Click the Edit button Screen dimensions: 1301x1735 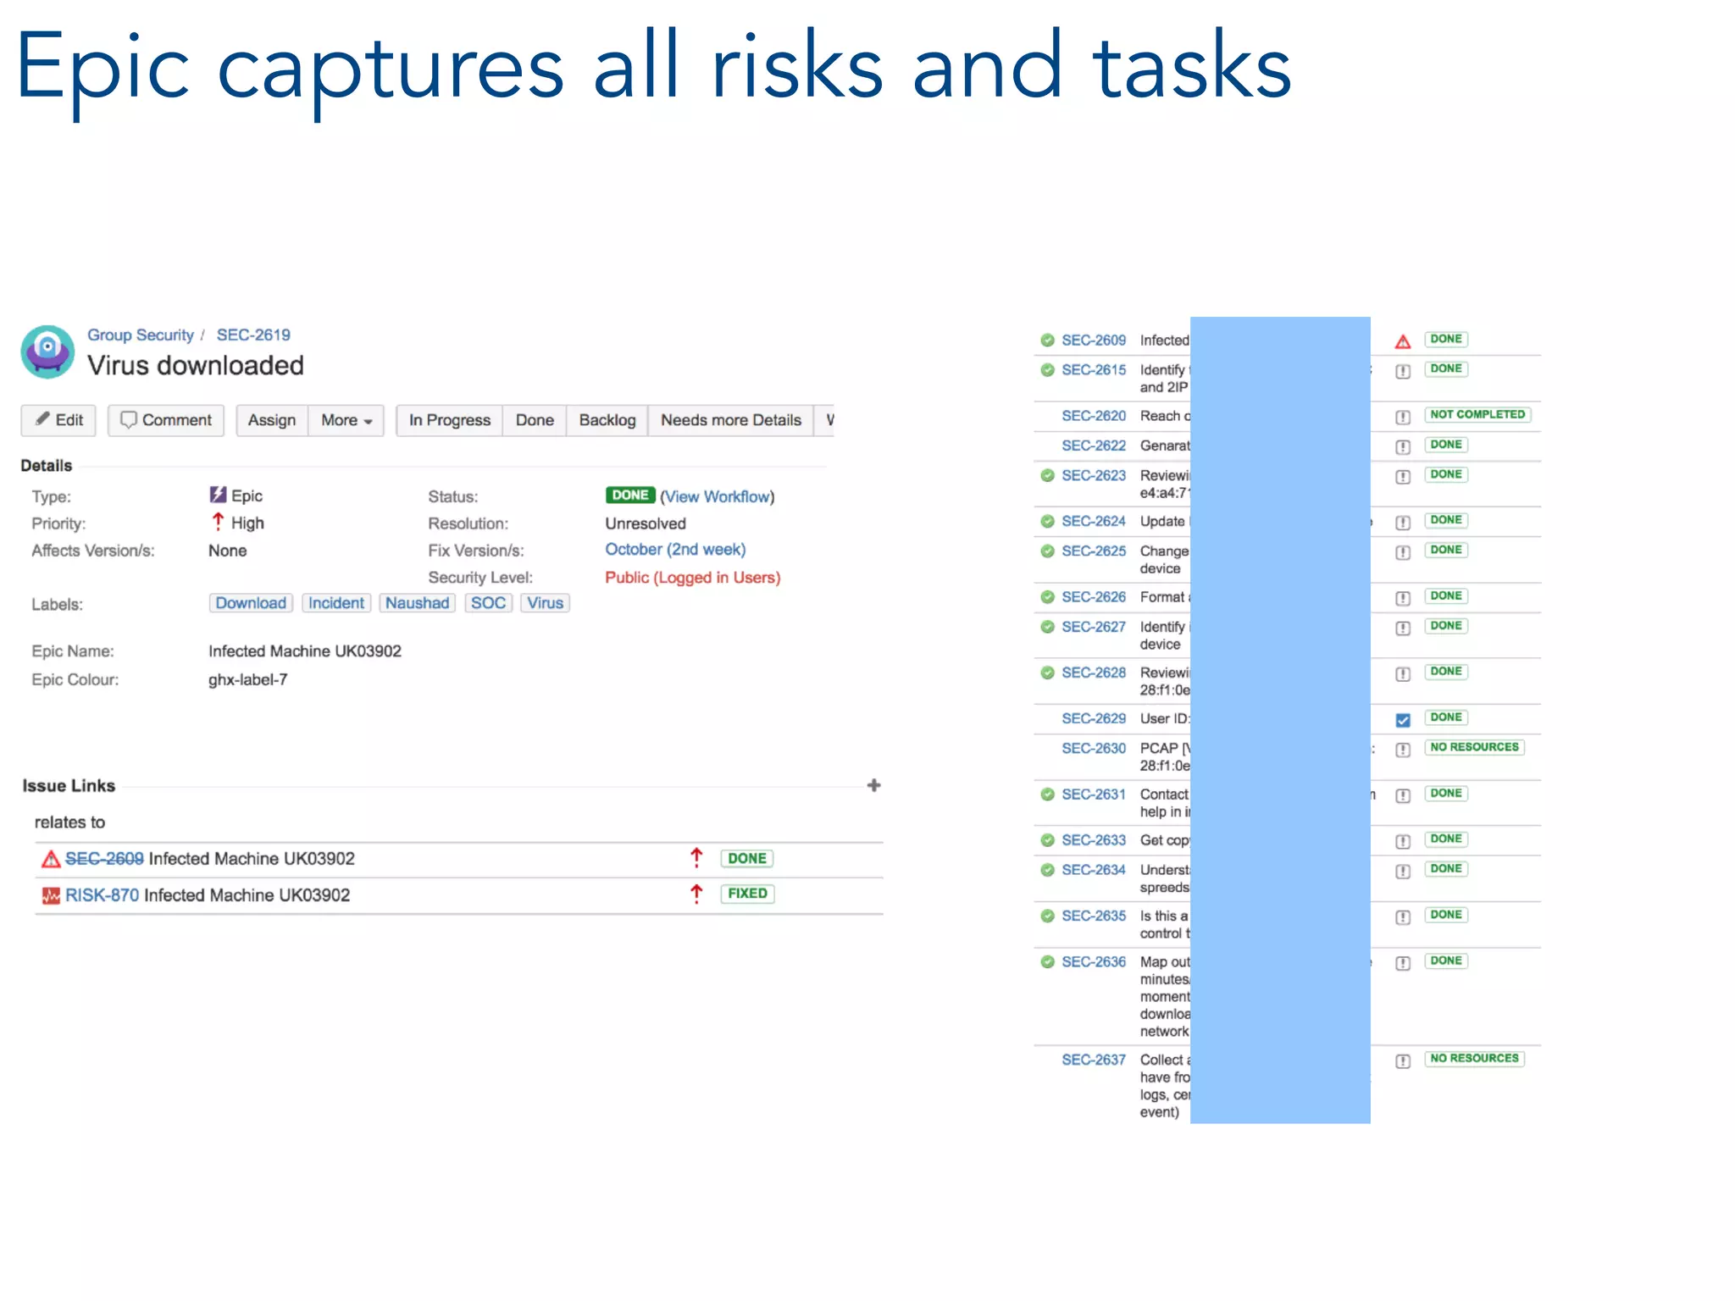[x=58, y=420]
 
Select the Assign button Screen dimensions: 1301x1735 [x=271, y=420]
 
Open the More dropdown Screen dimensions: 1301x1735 [x=346, y=420]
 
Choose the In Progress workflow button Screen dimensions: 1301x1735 [x=449, y=420]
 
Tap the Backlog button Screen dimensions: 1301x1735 [x=607, y=420]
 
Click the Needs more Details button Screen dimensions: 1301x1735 [x=730, y=420]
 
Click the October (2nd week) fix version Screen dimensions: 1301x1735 [x=674, y=550]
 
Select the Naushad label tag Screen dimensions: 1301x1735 [x=417, y=603]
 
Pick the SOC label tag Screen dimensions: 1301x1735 [x=488, y=603]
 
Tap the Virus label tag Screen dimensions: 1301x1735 [x=545, y=603]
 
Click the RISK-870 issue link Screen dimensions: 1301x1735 [x=102, y=895]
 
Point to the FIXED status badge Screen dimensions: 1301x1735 [x=746, y=894]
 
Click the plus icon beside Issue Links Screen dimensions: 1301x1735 [x=873, y=786]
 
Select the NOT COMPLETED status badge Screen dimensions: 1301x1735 [x=1477, y=415]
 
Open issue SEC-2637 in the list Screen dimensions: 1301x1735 [x=1093, y=1060]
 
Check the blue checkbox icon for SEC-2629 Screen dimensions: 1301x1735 [x=1403, y=720]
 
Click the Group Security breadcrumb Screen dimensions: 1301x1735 [x=141, y=335]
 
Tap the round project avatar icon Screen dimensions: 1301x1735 [x=48, y=351]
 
